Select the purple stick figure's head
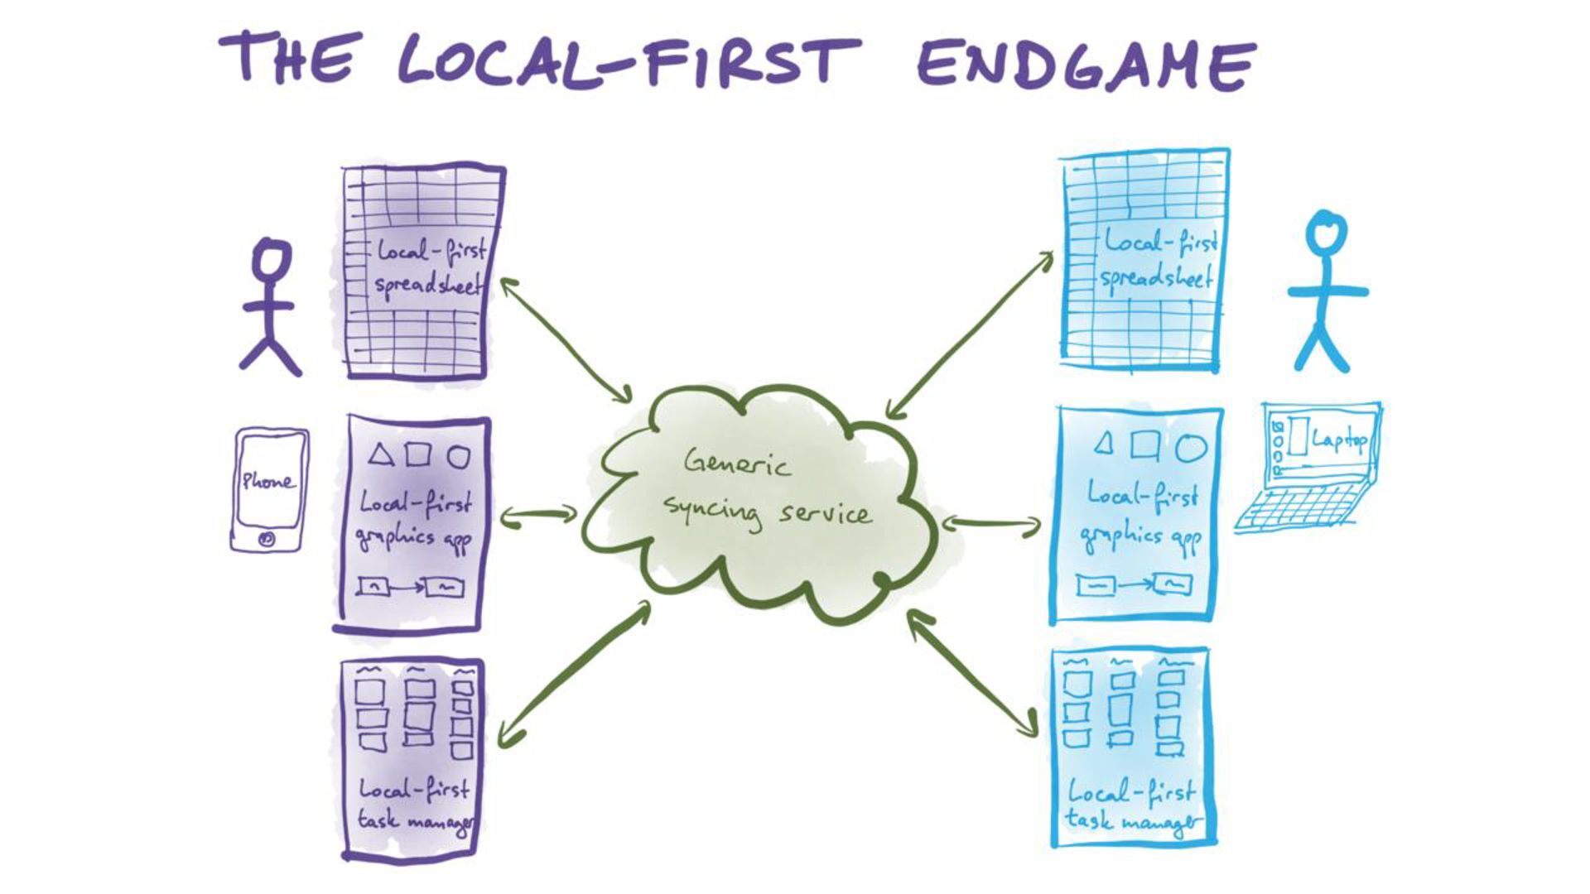(x=272, y=258)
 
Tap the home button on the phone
(x=267, y=538)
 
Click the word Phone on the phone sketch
(x=267, y=481)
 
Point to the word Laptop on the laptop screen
(x=1338, y=440)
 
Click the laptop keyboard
(x=1300, y=507)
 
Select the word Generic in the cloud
(x=736, y=464)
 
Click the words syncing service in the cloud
(x=766, y=512)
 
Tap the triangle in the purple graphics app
(x=380, y=454)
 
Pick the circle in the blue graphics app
(x=1191, y=448)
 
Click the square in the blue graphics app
(x=1145, y=446)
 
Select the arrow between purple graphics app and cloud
(x=538, y=515)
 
